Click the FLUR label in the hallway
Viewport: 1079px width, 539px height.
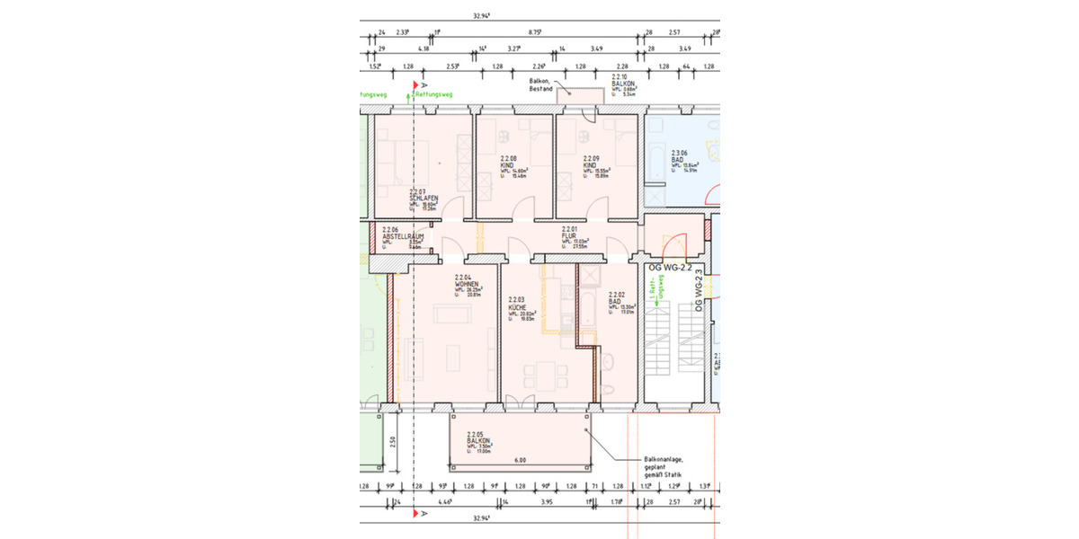[x=569, y=235]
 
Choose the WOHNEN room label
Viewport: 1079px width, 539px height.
[x=467, y=284]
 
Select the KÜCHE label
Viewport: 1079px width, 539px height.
[x=517, y=306]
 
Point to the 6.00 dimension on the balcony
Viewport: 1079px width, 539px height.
[x=520, y=460]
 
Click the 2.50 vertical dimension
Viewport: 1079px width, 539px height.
[x=392, y=441]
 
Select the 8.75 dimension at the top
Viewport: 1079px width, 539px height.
[x=534, y=31]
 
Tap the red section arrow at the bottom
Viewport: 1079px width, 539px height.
[x=415, y=513]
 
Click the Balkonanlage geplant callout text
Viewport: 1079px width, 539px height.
[x=664, y=465]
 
